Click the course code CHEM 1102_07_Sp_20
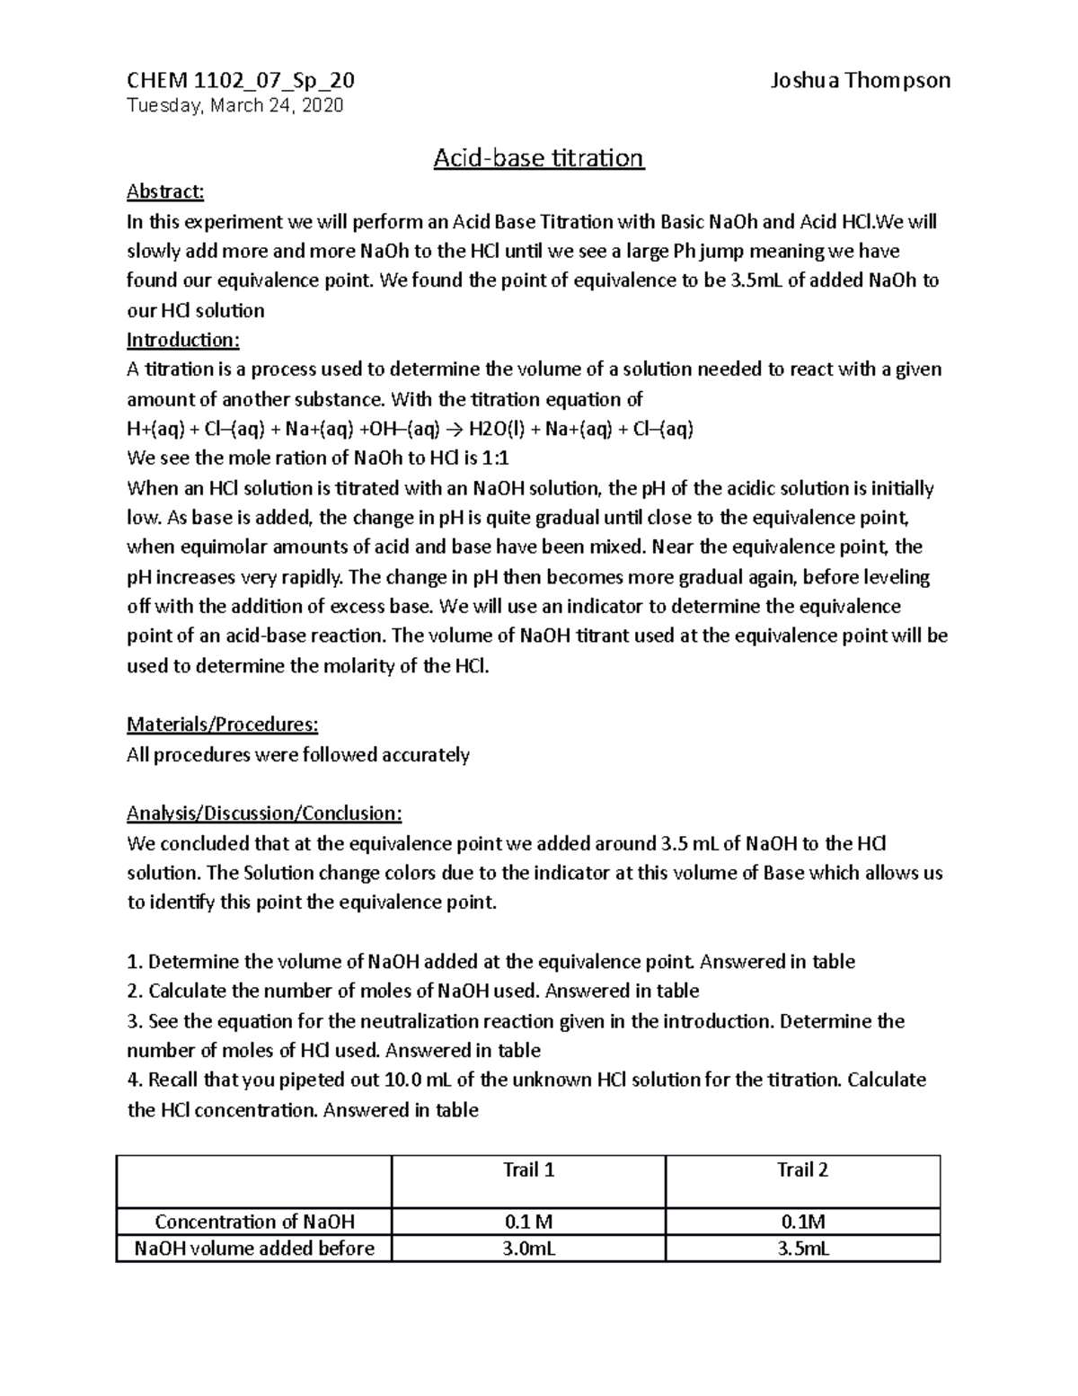pyautogui.click(x=241, y=80)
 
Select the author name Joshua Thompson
pyautogui.click(x=860, y=80)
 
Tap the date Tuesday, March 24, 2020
pyautogui.click(x=234, y=105)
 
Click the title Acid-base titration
pyautogui.click(x=538, y=158)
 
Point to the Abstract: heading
pyautogui.click(x=165, y=191)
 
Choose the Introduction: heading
pyautogui.click(x=183, y=340)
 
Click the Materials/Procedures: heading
pyautogui.click(x=222, y=725)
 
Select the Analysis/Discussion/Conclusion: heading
pyautogui.click(x=264, y=814)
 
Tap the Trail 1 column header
pyautogui.click(x=528, y=1169)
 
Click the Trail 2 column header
pyautogui.click(x=802, y=1169)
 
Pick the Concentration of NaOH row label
pyautogui.click(x=254, y=1222)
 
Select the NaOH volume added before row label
pyautogui.click(x=254, y=1249)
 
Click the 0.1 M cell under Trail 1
pyautogui.click(x=528, y=1222)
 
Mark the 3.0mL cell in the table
pyautogui.click(x=528, y=1249)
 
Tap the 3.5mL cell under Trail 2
pyautogui.click(x=802, y=1249)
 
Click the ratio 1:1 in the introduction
pyautogui.click(x=495, y=458)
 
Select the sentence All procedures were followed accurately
pyautogui.click(x=298, y=755)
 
